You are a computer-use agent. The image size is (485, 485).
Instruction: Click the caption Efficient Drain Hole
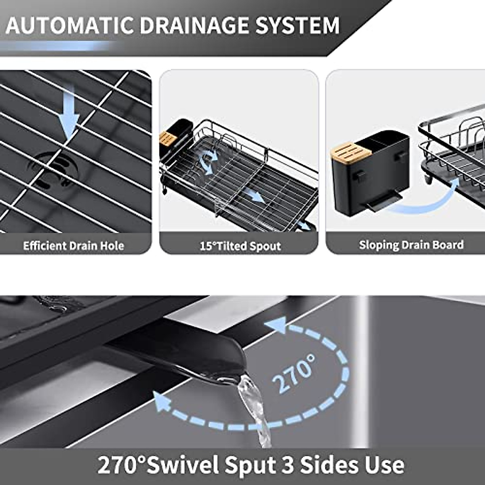[73, 246]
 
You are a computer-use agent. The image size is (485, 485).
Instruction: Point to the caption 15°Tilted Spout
[240, 246]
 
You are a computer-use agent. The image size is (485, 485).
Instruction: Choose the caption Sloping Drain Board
[411, 245]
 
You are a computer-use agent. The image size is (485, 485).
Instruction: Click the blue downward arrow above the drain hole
[69, 113]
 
